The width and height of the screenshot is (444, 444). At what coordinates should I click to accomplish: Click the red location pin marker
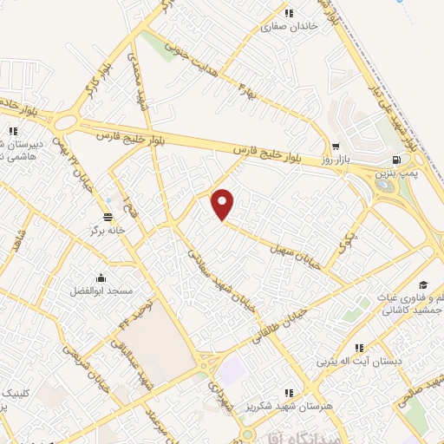(x=224, y=205)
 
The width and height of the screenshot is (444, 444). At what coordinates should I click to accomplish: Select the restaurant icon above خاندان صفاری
(x=290, y=13)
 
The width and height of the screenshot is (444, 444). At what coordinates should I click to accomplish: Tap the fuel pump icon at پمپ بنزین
(x=396, y=160)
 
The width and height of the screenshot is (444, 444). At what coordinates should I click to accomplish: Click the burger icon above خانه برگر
(x=108, y=217)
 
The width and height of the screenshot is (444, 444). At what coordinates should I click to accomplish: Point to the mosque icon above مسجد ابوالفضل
(x=101, y=277)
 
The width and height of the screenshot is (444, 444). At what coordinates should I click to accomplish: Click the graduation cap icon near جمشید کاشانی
(x=423, y=285)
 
